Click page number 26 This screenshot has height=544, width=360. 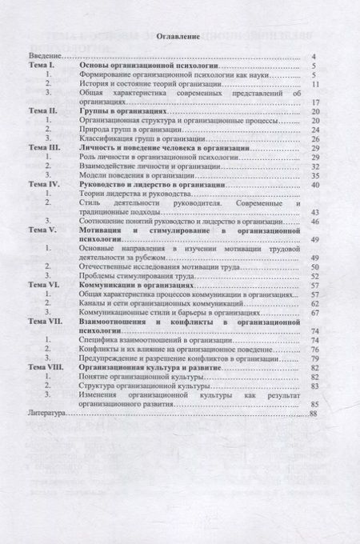(x=316, y=138)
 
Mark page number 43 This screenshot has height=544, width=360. (x=316, y=212)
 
